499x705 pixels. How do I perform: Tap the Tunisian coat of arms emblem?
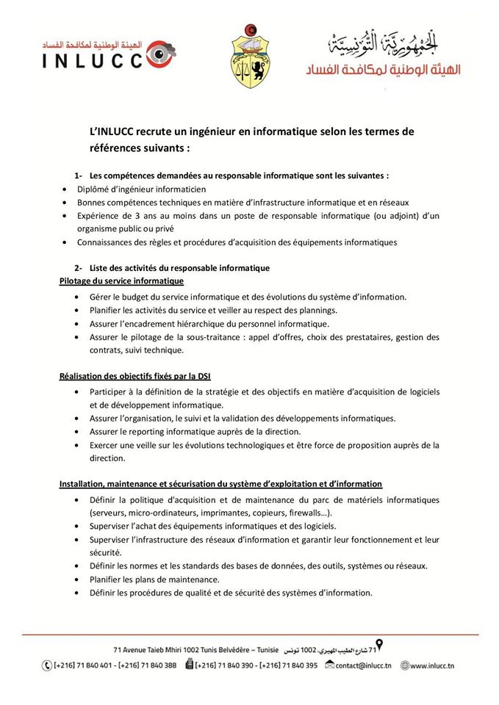coord(251,54)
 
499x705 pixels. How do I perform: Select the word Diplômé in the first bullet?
coord(93,189)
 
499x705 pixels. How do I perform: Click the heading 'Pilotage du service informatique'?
coord(121,281)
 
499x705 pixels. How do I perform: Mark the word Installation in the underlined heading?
coord(81,484)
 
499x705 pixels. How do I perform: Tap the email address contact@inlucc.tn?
coord(362,665)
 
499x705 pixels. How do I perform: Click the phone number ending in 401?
coord(82,665)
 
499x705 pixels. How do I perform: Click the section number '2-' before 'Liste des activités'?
coord(78,268)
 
